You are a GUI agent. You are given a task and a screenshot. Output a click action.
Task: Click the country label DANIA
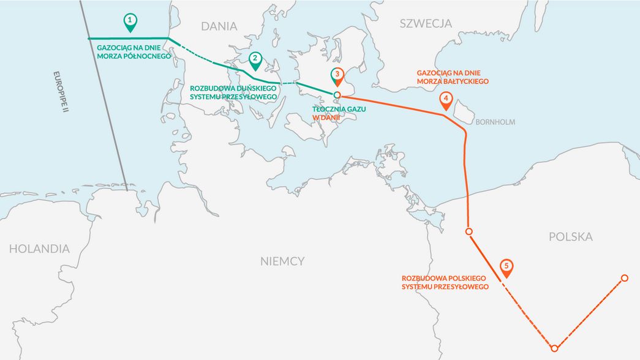click(x=219, y=26)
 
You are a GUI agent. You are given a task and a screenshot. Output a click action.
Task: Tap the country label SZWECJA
click(x=426, y=24)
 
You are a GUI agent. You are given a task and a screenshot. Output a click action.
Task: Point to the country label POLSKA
click(x=571, y=237)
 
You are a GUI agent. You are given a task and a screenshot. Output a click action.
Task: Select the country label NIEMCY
click(x=282, y=261)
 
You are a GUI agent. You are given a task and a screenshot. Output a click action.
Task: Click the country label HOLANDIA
click(x=39, y=249)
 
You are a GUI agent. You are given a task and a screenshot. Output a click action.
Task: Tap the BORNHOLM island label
click(x=495, y=122)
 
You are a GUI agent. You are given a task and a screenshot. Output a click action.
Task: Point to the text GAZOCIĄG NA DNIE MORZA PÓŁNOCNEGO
click(x=134, y=51)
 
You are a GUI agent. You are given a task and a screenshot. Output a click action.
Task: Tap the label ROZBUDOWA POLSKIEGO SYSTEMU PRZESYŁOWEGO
click(x=445, y=282)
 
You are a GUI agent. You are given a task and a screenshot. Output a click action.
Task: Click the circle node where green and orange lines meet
click(x=337, y=94)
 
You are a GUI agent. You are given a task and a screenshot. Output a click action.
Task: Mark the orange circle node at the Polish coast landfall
click(x=469, y=231)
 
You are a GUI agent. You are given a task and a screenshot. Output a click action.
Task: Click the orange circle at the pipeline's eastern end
click(x=625, y=279)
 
